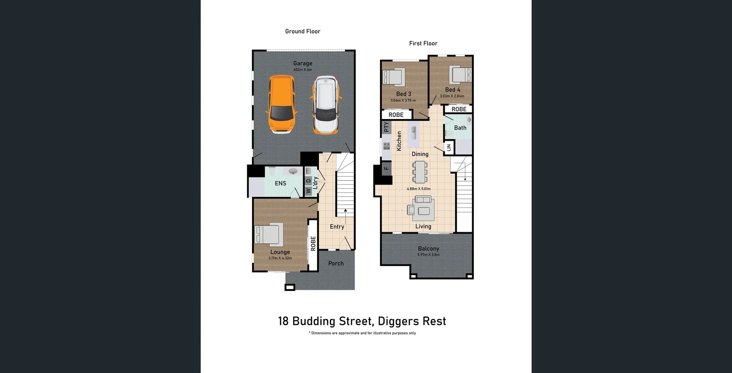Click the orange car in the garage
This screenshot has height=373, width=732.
(x=282, y=105)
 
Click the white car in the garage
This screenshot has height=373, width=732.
(x=326, y=105)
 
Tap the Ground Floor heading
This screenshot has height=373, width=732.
(x=303, y=31)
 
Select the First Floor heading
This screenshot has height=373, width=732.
(x=423, y=43)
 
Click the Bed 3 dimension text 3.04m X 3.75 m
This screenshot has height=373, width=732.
(x=403, y=101)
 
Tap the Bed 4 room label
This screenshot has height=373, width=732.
(x=453, y=90)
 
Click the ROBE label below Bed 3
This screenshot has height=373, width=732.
(x=396, y=115)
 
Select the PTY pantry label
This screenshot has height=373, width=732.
(x=387, y=127)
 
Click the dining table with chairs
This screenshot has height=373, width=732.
(x=420, y=172)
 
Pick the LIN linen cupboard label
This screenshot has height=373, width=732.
(x=449, y=148)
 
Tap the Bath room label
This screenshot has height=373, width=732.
(x=460, y=128)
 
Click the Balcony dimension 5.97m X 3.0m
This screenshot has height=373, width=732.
(x=429, y=255)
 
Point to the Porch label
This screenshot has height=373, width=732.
(x=336, y=264)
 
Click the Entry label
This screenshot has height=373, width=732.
(x=337, y=227)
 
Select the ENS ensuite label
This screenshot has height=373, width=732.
(x=281, y=183)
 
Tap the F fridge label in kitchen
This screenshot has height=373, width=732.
(x=386, y=168)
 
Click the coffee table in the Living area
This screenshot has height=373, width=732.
(x=424, y=211)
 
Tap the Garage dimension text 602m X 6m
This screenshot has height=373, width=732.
(x=303, y=70)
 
